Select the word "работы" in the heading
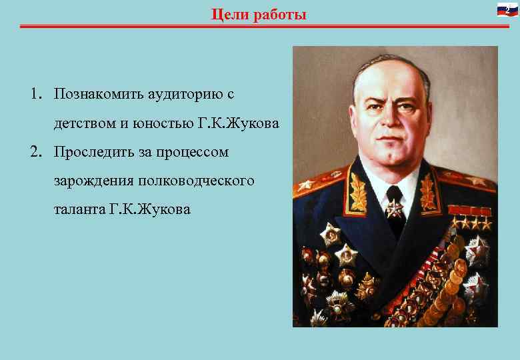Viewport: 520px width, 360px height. [280, 15]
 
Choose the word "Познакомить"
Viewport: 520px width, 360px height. [100, 94]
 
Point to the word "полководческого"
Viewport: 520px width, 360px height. [196, 181]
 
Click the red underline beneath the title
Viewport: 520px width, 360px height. [260, 27]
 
